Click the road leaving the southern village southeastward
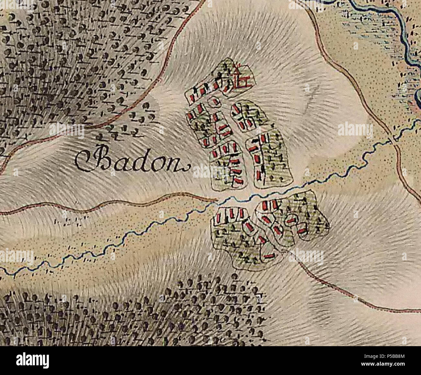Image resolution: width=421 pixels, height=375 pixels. (x=340, y=288)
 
